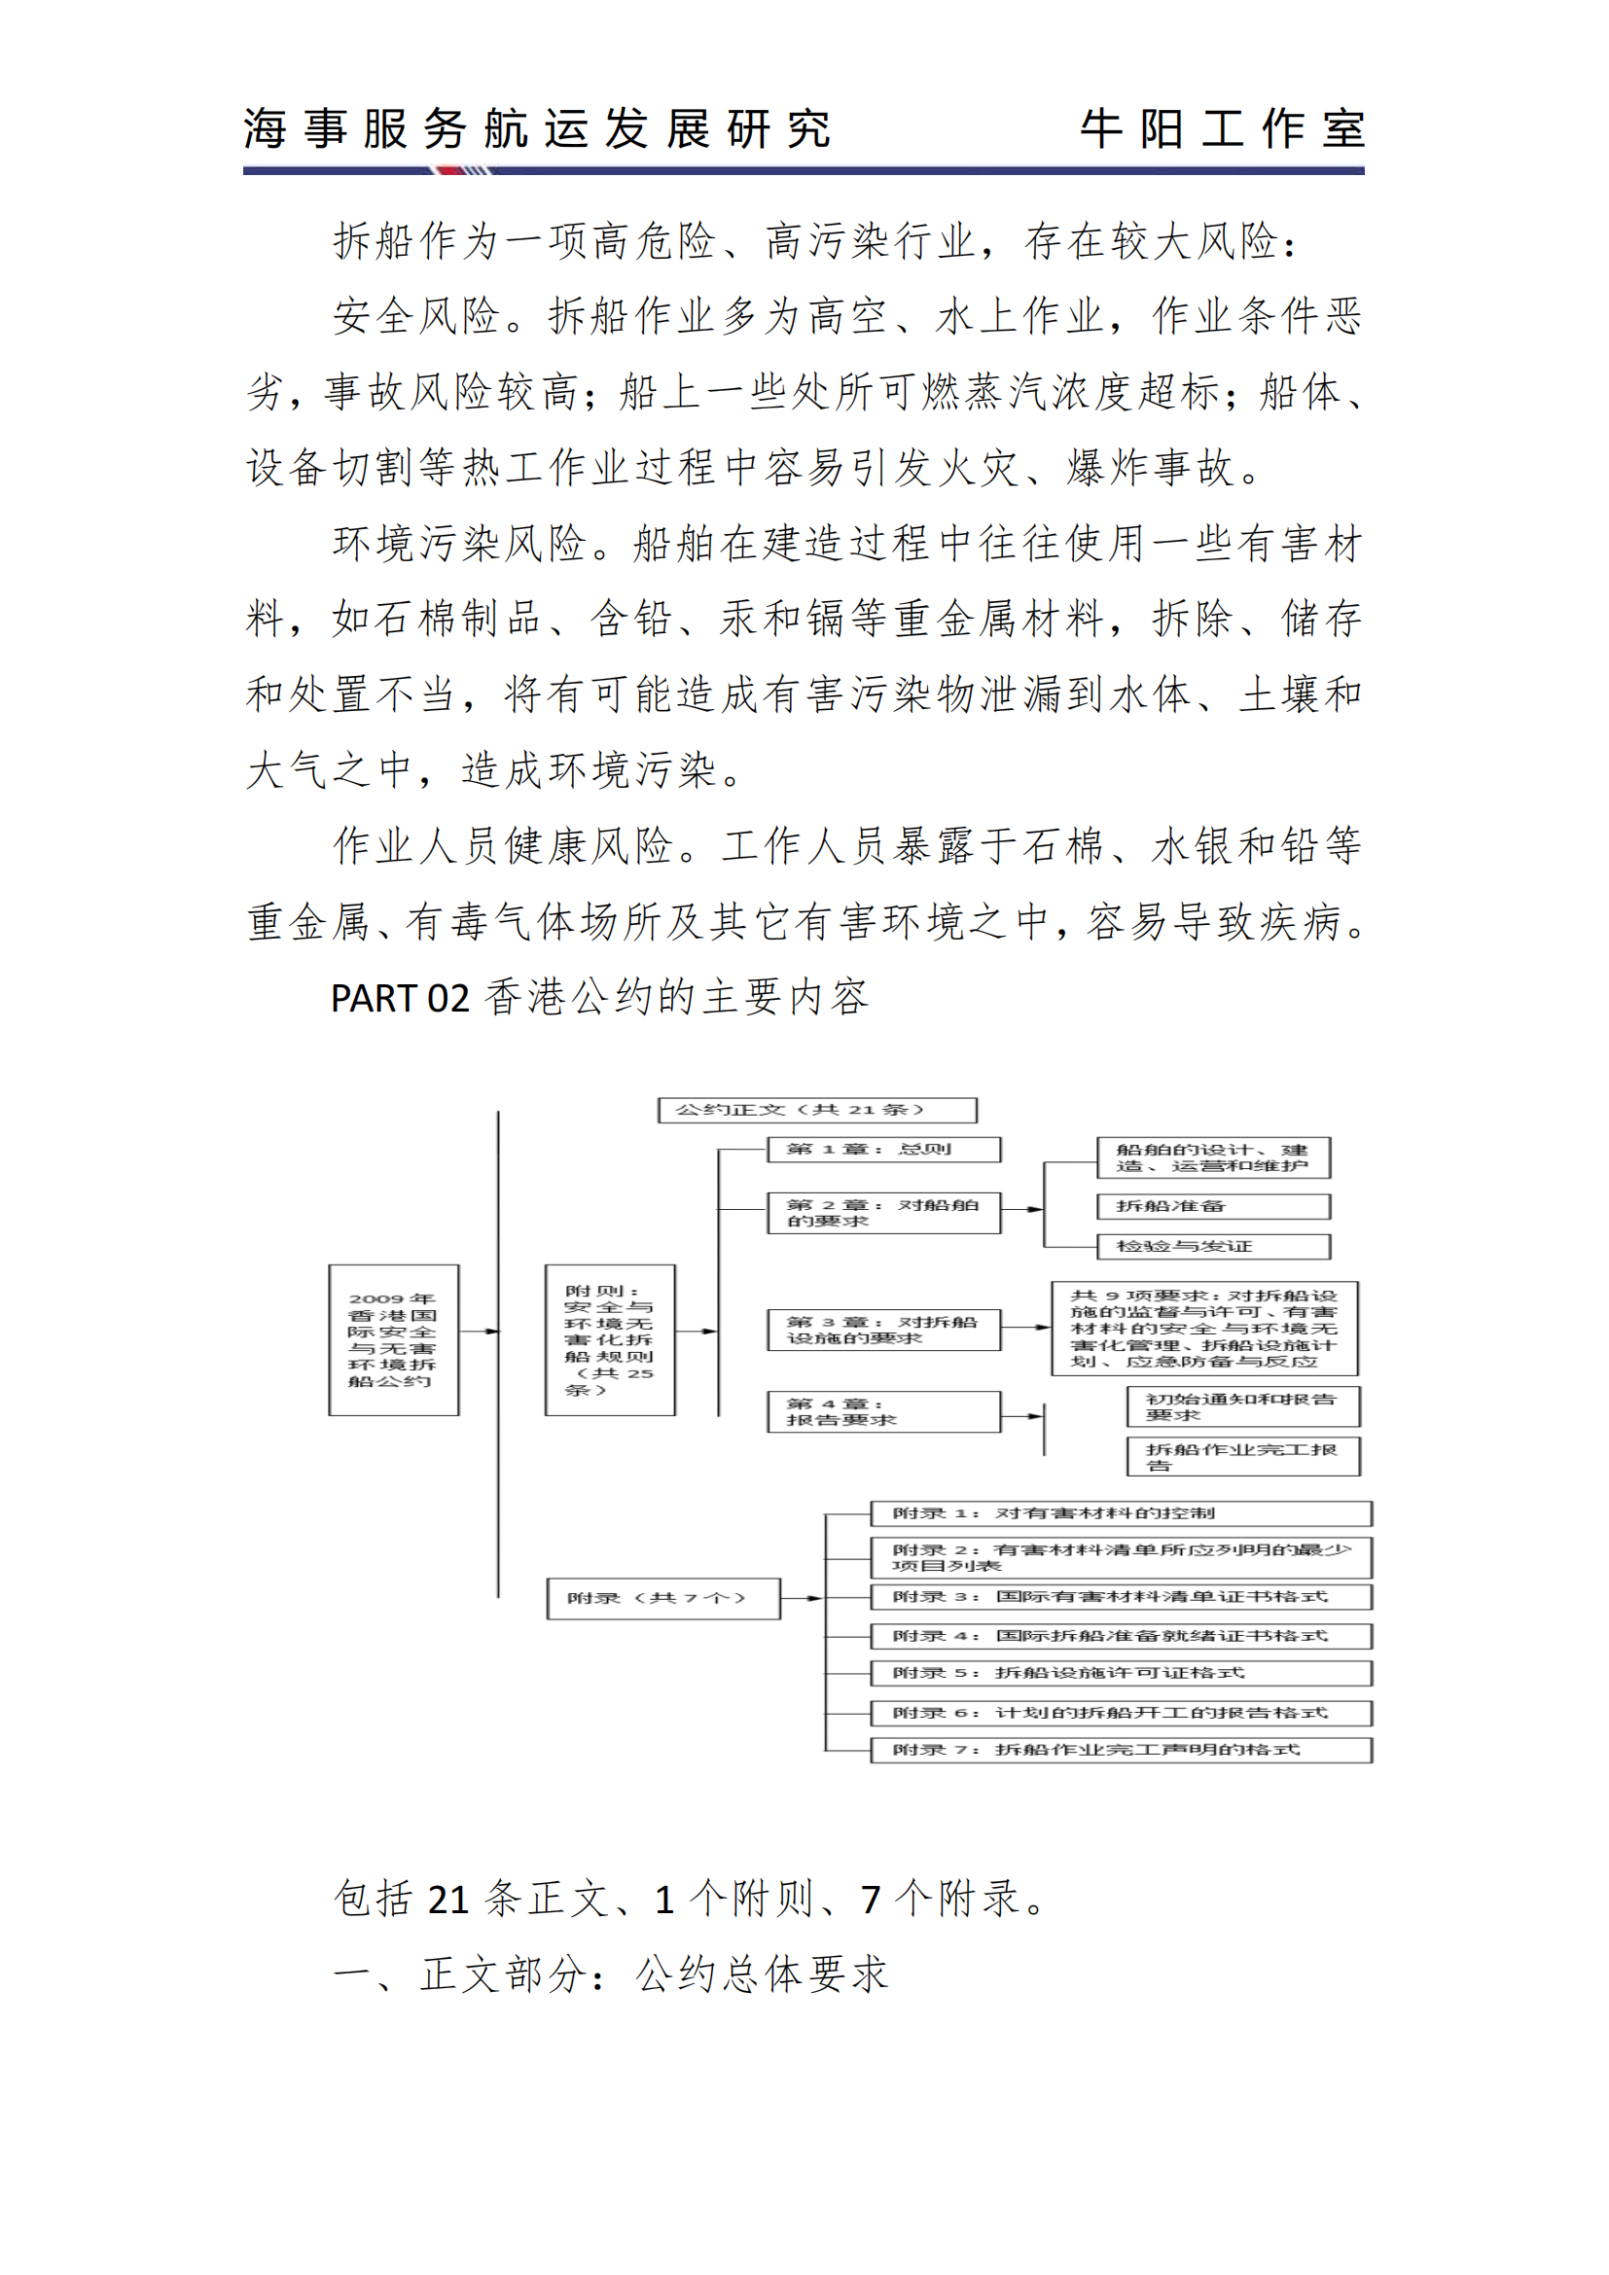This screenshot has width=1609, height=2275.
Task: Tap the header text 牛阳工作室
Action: click(1222, 129)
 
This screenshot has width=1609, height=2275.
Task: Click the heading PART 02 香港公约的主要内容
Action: click(599, 998)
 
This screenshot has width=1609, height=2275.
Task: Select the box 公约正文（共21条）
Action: click(817, 1110)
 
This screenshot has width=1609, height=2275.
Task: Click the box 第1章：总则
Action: click(883, 1150)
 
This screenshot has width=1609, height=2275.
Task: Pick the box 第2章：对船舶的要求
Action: click(883, 1213)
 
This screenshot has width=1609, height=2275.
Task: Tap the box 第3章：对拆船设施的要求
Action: click(883, 1330)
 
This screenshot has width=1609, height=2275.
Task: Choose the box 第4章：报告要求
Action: click(883, 1412)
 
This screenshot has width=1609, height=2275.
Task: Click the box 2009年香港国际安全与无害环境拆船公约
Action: click(393, 1339)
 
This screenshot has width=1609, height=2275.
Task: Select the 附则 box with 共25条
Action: click(609, 1339)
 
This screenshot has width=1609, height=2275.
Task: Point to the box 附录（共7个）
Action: click(662, 1598)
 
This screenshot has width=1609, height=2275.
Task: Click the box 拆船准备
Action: click(1214, 1206)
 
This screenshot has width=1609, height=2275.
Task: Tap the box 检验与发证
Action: click(1214, 1247)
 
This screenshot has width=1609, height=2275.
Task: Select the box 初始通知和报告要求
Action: click(1243, 1407)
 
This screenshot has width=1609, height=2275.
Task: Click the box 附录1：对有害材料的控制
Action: click(1121, 1513)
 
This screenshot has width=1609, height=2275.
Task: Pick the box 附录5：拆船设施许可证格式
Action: click(1121, 1674)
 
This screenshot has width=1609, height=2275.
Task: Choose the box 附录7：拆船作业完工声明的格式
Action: click(1121, 1751)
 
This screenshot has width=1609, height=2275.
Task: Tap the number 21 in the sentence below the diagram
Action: click(447, 1900)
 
